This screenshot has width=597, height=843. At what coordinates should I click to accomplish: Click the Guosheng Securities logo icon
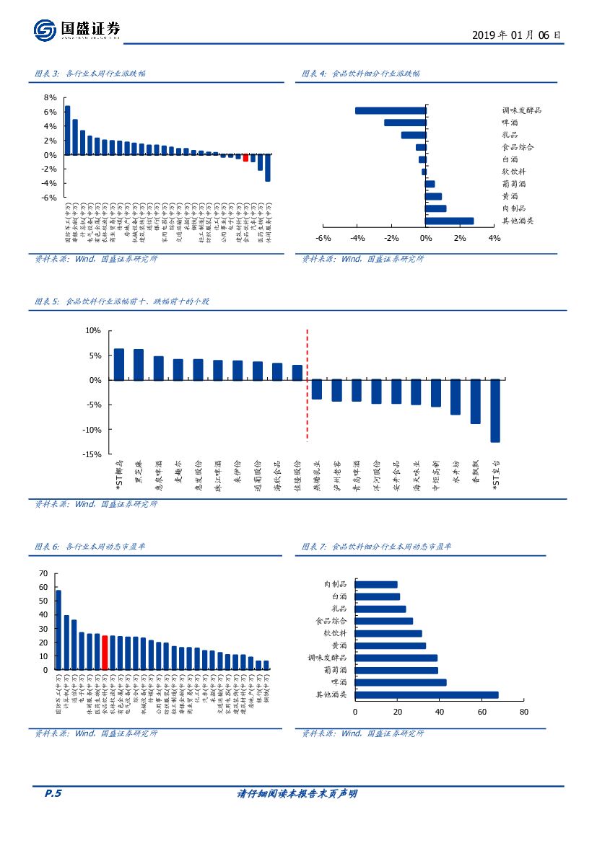[x=45, y=30]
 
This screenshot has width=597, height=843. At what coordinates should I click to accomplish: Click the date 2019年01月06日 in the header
[x=515, y=35]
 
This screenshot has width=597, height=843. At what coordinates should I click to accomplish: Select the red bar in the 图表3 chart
[x=245, y=157]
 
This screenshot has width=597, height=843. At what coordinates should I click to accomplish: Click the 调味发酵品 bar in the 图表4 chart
[x=391, y=110]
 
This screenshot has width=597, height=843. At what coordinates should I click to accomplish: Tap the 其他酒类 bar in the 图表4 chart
[x=450, y=221]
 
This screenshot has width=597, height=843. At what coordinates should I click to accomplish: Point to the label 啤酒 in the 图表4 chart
[x=510, y=123]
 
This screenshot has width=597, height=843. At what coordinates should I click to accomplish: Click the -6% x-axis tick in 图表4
[x=323, y=239]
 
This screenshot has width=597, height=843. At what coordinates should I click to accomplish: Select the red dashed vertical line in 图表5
[x=308, y=385]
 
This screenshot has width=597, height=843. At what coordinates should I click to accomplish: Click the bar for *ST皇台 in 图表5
[x=495, y=410]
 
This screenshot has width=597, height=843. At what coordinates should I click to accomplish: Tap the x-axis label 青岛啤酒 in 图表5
[x=356, y=477]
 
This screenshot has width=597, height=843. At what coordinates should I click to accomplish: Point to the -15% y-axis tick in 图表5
[x=93, y=454]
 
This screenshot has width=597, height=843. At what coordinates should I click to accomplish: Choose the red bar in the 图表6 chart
[x=105, y=653]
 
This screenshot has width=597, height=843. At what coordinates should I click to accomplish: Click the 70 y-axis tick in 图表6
[x=43, y=573]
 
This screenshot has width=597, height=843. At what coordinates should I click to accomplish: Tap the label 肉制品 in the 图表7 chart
[x=336, y=584]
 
